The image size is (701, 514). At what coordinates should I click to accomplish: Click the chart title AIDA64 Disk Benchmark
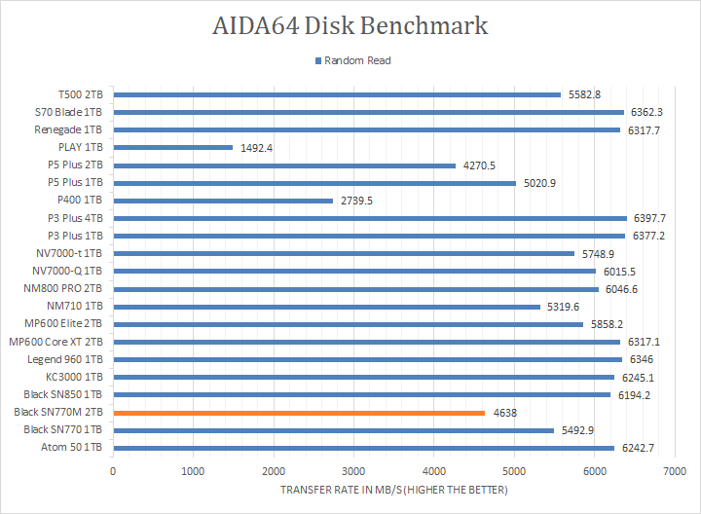pyautogui.click(x=350, y=26)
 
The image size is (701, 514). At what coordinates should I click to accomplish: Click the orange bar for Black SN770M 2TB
pyautogui.click(x=299, y=413)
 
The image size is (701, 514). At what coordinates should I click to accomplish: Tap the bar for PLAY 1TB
pyautogui.click(x=173, y=148)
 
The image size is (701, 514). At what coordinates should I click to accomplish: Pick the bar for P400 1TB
pyautogui.click(x=223, y=201)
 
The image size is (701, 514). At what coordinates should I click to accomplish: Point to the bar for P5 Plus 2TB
pyautogui.click(x=284, y=165)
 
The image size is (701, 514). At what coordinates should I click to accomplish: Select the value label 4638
pyautogui.click(x=505, y=413)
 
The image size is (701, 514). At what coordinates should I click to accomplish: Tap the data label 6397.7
pyautogui.click(x=650, y=218)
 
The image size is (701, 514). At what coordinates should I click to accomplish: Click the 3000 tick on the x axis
pyautogui.click(x=353, y=471)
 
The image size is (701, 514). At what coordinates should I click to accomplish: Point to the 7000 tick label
pyautogui.click(x=674, y=471)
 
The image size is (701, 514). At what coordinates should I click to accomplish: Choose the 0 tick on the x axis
pyautogui.click(x=114, y=471)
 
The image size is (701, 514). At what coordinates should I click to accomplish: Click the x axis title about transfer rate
pyautogui.click(x=393, y=490)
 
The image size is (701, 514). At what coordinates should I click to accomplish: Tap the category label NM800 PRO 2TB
pyautogui.click(x=64, y=289)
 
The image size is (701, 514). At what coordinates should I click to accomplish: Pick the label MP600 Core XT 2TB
pyautogui.click(x=56, y=342)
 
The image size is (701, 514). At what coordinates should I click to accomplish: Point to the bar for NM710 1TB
pyautogui.click(x=326, y=307)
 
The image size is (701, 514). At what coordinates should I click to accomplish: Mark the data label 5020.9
pyautogui.click(x=540, y=183)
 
